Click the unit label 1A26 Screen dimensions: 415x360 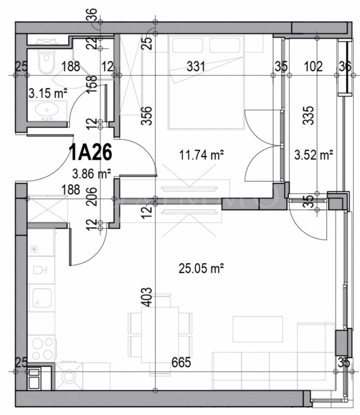(90, 153)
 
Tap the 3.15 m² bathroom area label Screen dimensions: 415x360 (48, 94)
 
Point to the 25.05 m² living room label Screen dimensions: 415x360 (201, 269)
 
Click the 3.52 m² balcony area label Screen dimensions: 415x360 (313, 156)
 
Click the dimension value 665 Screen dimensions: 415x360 (181, 362)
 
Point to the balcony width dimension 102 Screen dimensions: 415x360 (313, 67)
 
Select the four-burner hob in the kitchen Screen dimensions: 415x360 (42, 348)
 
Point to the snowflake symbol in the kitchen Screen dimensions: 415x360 (34, 248)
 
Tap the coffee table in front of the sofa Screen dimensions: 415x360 (252, 329)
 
